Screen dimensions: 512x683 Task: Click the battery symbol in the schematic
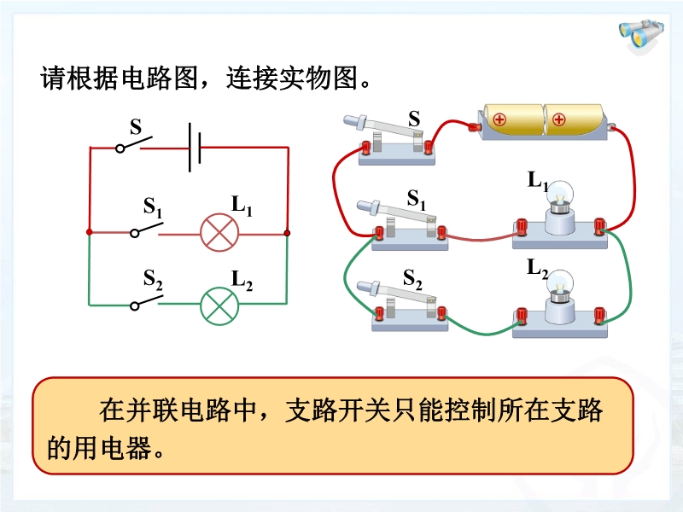[x=195, y=147]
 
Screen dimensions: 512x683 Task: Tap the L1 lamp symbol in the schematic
[x=218, y=232]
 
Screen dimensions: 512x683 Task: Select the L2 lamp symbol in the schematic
[x=218, y=304]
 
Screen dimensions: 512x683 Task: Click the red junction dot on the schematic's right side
[x=288, y=232]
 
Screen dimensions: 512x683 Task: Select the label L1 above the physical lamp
[x=537, y=181]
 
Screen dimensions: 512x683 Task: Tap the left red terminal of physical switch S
[x=368, y=147]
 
